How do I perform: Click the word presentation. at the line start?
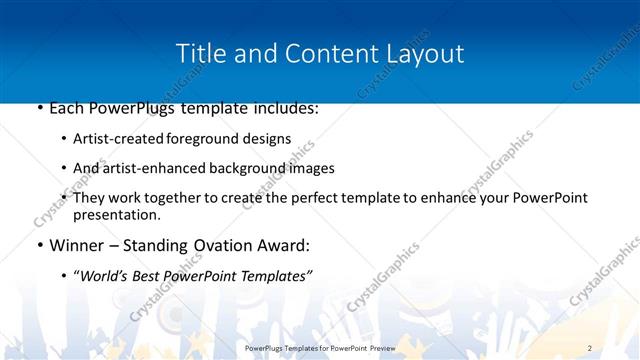pyautogui.click(x=116, y=214)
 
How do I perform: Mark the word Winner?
pyautogui.click(x=78, y=245)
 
